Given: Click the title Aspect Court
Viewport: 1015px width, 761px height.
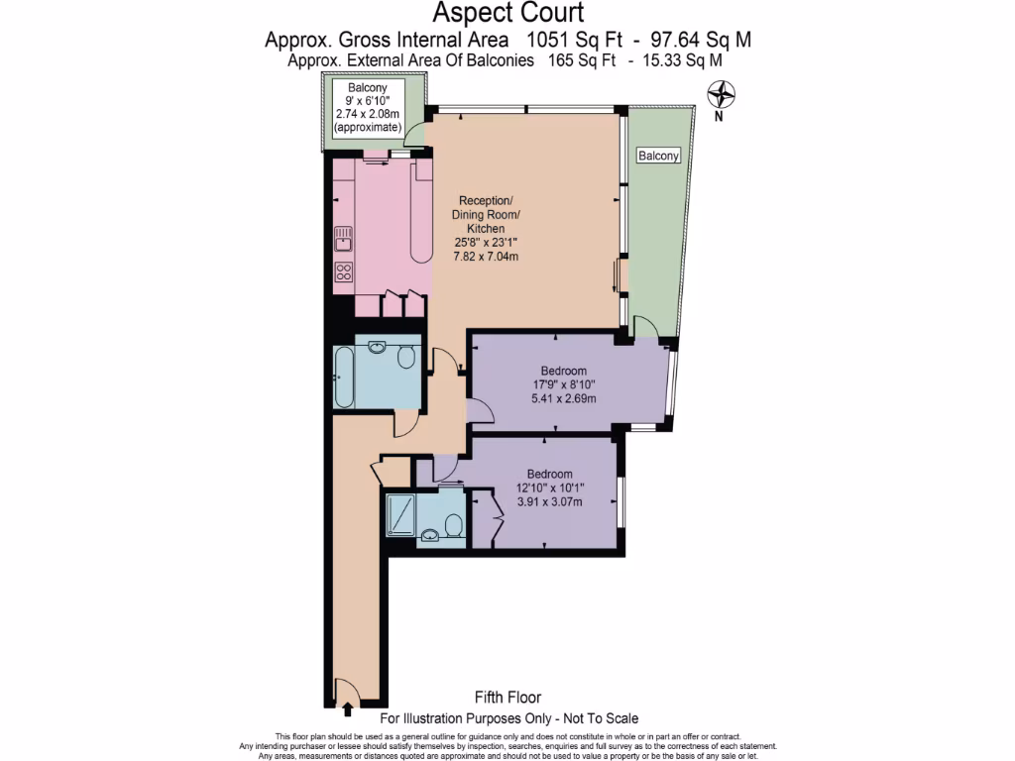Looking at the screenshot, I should click(508, 13).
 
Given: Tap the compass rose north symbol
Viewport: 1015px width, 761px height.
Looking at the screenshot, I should click(723, 96).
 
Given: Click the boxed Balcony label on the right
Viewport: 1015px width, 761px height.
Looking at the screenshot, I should click(658, 157).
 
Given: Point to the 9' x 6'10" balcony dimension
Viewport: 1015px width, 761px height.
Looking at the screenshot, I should click(367, 101).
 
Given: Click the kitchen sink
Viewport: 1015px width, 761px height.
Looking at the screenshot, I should click(344, 239).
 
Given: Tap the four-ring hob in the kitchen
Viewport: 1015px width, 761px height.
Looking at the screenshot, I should click(344, 272).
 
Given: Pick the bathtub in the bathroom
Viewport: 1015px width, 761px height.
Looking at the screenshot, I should click(344, 378).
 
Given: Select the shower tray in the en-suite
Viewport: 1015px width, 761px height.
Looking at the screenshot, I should click(401, 512).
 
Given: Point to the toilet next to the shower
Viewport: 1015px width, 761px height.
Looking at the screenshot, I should click(454, 523).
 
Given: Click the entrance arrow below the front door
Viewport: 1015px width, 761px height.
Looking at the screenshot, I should click(347, 708).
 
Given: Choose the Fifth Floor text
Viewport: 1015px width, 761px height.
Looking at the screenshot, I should click(508, 698).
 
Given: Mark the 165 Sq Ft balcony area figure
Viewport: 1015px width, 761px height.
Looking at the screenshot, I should click(578, 60).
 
